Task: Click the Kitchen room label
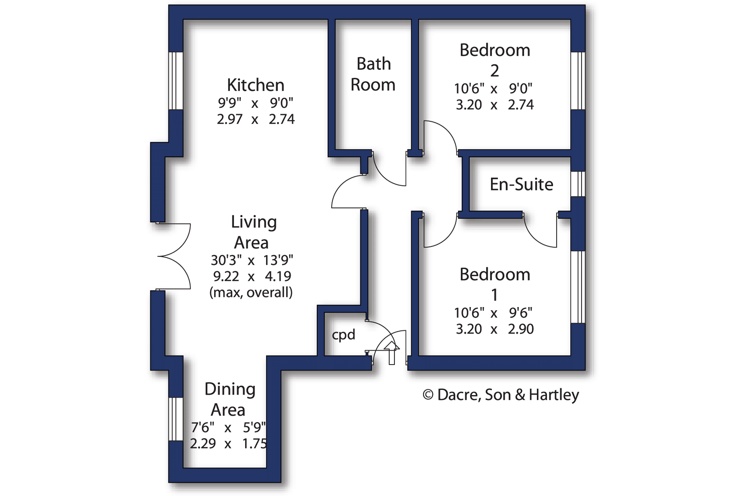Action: pos(255,85)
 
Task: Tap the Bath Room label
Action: pos(373,74)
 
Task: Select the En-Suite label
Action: pos(521,184)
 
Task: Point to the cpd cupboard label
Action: pos(343,335)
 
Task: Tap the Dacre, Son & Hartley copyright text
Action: pos(501,395)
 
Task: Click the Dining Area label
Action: pos(230,399)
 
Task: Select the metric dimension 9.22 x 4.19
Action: pos(252,276)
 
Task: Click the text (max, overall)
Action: pos(251,292)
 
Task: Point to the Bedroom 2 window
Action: pos(578,81)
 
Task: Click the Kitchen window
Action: pos(176,81)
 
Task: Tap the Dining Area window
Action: pos(176,419)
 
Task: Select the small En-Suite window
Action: pos(578,184)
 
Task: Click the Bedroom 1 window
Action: pos(578,287)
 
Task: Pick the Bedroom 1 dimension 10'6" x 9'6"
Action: pos(493,313)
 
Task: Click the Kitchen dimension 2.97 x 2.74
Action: pos(256,119)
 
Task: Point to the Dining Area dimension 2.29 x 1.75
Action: pos(228,443)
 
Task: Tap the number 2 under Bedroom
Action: pos(494,71)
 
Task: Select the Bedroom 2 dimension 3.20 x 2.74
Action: pos(495,105)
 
